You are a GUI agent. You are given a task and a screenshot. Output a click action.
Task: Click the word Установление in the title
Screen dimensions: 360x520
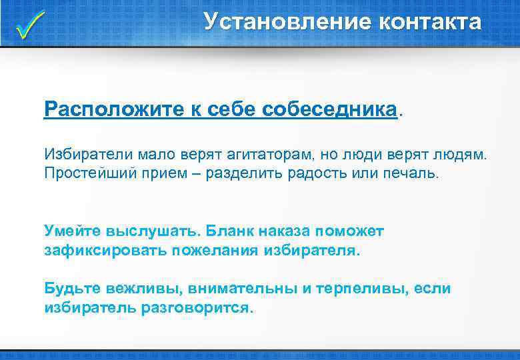(287, 22)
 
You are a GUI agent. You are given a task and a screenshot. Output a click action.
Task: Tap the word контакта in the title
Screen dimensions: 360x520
(430, 22)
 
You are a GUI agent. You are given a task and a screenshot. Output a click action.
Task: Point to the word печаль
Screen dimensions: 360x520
(413, 173)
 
